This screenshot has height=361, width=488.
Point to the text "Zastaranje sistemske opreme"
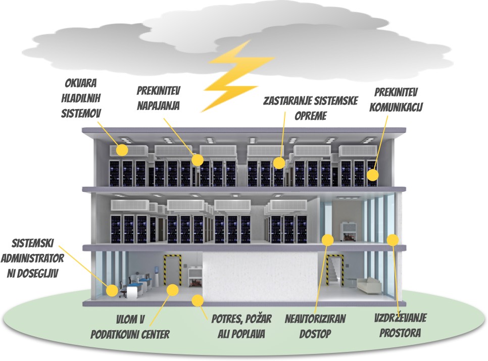point(310,108)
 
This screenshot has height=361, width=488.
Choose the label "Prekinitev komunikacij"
point(398,99)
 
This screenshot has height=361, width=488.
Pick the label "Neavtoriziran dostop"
point(316,326)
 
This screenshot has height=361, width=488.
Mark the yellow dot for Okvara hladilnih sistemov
point(122,149)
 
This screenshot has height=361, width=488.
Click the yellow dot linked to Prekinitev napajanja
point(198,160)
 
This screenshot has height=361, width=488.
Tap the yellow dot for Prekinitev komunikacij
point(373,175)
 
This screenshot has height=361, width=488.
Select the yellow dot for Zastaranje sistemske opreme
point(279,163)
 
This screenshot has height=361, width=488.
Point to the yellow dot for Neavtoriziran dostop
point(328,238)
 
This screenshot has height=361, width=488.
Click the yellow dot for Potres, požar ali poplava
point(197,301)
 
